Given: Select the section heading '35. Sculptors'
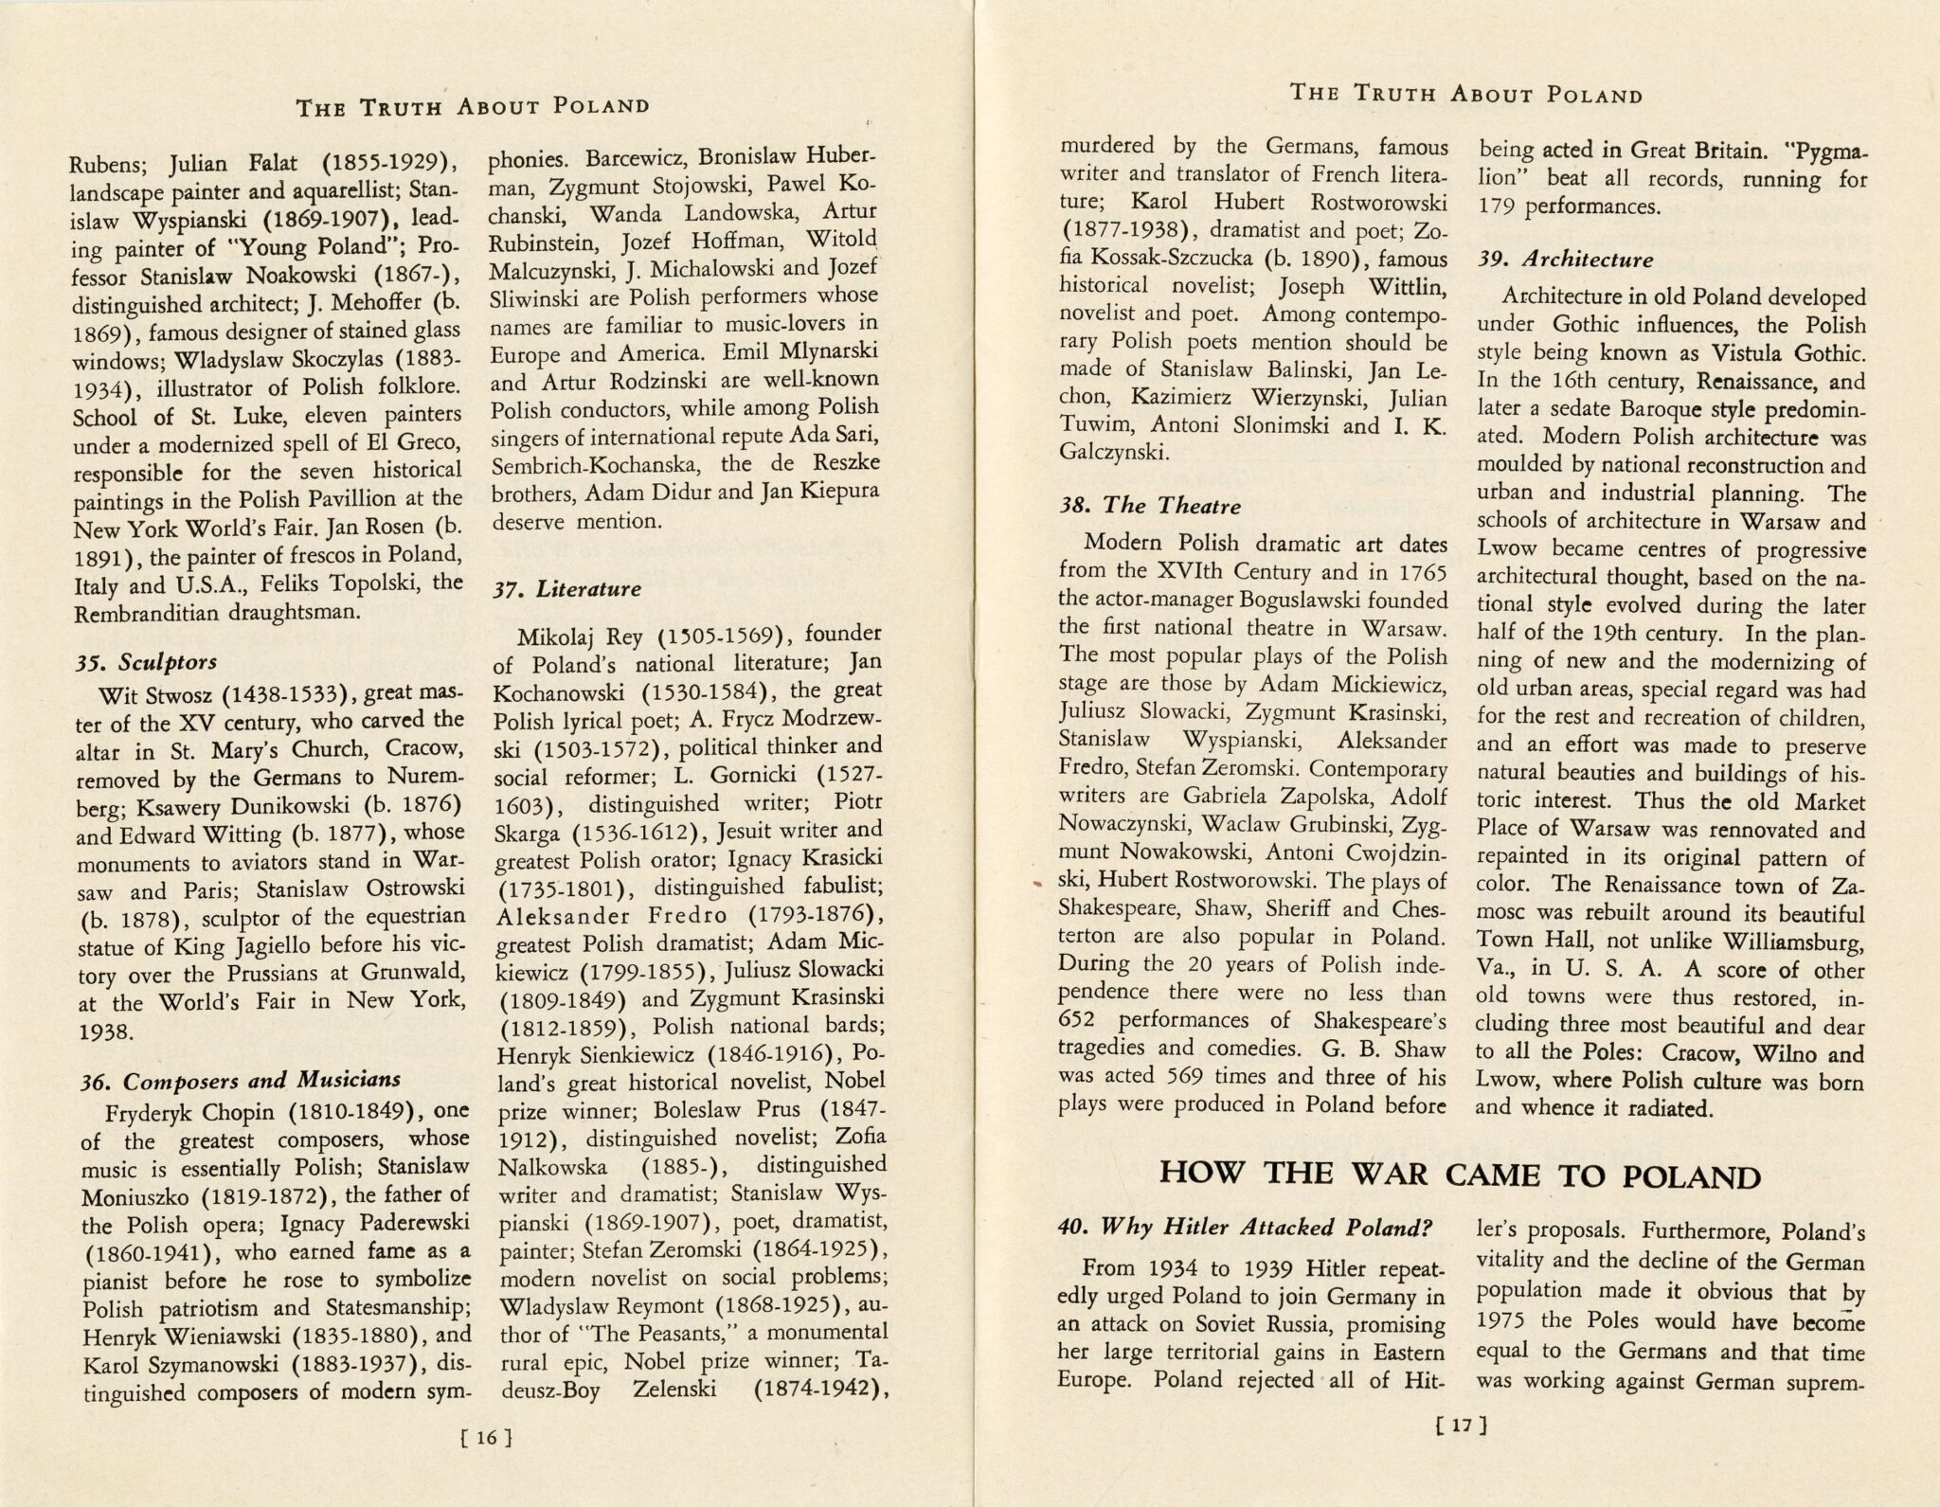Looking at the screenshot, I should [155, 662].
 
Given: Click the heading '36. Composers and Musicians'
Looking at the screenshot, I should [241, 1080].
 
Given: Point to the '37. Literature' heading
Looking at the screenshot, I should [567, 588].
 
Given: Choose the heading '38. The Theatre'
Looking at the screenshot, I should [1150, 506].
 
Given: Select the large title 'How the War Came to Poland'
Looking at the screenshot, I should [1461, 1175].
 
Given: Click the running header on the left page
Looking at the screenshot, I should [473, 106].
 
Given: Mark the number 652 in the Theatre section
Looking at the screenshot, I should [1079, 1021].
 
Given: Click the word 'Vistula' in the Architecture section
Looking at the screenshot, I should [1747, 354].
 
